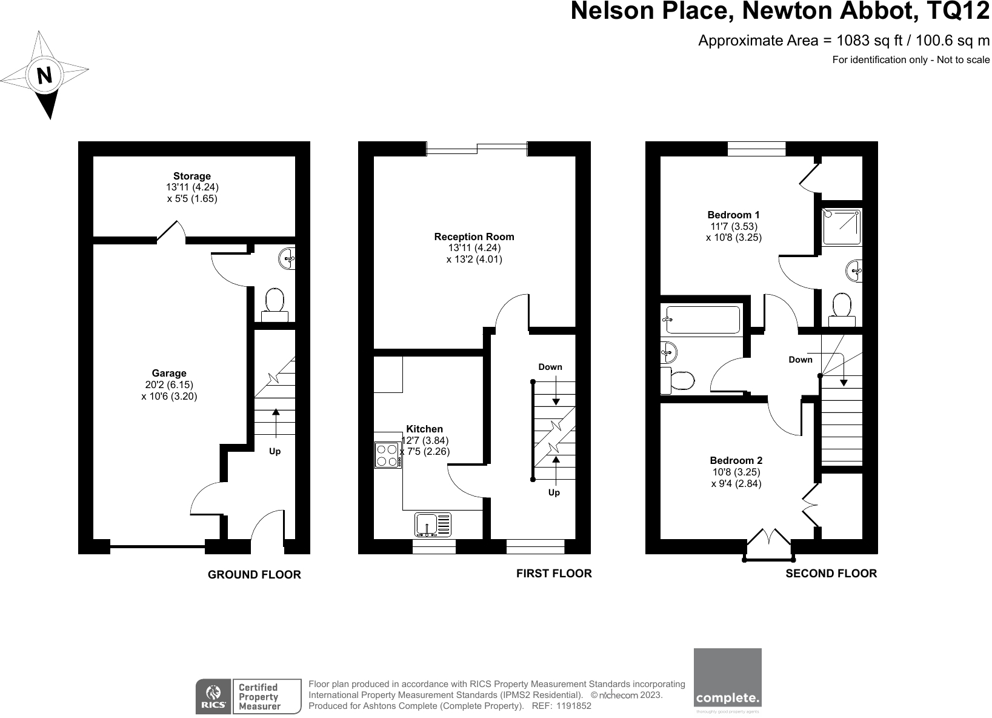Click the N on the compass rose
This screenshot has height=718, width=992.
[44, 75]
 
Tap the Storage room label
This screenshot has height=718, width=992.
[191, 176]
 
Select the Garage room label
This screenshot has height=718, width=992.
[169, 373]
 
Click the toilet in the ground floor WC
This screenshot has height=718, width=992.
[275, 305]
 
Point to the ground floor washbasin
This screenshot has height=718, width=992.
[287, 258]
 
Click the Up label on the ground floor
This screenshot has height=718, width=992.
[275, 451]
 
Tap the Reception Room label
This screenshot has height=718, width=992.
[474, 237]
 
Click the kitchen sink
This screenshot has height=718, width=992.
[433, 525]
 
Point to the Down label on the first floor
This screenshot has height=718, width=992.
[550, 367]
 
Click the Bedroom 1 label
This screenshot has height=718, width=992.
[733, 215]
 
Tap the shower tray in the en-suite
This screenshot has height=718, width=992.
[842, 227]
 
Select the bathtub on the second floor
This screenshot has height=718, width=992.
[700, 319]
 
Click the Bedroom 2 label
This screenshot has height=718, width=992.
[736, 460]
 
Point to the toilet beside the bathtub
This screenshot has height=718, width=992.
[677, 380]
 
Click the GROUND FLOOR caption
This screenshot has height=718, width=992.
[254, 575]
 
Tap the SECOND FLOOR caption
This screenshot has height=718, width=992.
[831, 574]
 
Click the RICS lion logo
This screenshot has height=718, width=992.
[213, 696]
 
